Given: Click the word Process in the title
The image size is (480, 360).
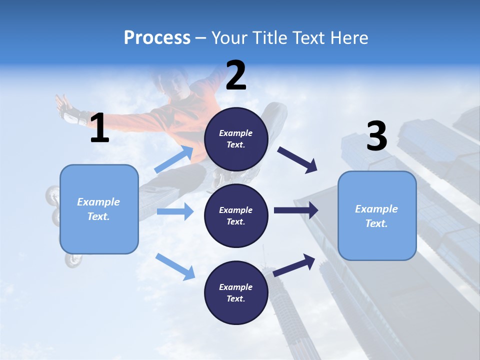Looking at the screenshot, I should click(x=157, y=38).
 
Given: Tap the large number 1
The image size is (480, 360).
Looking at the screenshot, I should click(x=99, y=128).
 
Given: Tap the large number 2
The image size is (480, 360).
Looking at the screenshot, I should click(x=236, y=76).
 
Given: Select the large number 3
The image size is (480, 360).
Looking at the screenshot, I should click(x=376, y=136).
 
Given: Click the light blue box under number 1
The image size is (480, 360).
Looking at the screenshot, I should click(x=99, y=209).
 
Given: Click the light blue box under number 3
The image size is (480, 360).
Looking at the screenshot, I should click(x=377, y=215).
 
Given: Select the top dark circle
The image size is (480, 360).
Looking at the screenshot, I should click(x=236, y=139).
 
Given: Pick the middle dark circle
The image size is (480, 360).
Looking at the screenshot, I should click(x=236, y=215).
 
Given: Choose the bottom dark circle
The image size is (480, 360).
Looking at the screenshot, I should click(x=236, y=292).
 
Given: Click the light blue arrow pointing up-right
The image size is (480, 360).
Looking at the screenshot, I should click(x=174, y=159).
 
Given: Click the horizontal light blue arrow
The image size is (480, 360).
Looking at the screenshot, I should click(x=174, y=211).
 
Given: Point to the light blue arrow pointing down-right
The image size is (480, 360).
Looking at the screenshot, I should click(x=175, y=266).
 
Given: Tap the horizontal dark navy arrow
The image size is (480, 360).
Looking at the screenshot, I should click(x=295, y=210).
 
